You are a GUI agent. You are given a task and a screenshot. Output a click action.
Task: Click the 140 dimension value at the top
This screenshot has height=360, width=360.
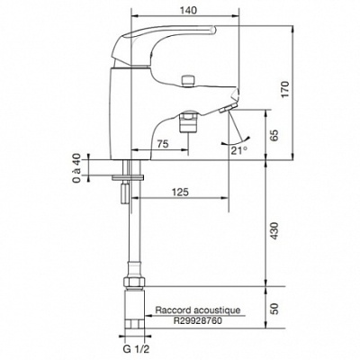tap(189, 10)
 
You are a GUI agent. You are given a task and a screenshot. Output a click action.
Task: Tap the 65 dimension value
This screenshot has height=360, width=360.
tap(274, 135)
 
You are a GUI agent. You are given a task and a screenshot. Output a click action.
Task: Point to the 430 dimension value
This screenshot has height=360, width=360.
tap(274, 231)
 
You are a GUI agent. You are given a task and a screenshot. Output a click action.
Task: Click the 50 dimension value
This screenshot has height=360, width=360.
tap(274, 309)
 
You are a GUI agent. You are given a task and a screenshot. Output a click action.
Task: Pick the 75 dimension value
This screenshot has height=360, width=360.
tap(163, 144)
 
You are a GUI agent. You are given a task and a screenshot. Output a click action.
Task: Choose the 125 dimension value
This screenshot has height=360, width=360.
tap(181, 192)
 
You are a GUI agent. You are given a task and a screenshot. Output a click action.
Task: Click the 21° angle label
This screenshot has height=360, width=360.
tap(239, 149)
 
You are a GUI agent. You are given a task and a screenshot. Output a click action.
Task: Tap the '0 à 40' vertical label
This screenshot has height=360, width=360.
tap(77, 168)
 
